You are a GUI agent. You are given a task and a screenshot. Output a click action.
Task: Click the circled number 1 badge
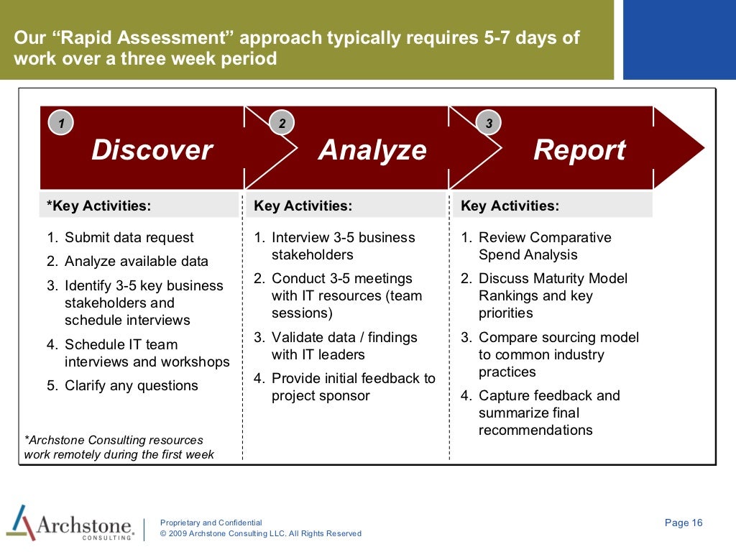[x=61, y=124]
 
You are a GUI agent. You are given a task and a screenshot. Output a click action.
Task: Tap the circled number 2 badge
[x=282, y=124]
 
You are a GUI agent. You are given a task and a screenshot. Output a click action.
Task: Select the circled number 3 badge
[x=489, y=124]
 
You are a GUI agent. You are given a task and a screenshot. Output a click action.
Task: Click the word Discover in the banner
[x=152, y=150]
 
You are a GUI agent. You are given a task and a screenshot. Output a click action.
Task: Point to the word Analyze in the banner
[x=372, y=150]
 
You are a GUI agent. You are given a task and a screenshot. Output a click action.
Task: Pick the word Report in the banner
[x=579, y=150]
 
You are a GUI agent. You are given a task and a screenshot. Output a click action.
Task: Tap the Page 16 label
[x=684, y=523]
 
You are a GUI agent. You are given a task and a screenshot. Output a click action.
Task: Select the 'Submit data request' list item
[x=121, y=238]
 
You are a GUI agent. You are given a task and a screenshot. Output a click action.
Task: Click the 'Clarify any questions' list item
[x=123, y=386]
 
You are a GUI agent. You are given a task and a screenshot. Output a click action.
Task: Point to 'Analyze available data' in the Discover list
[x=128, y=262]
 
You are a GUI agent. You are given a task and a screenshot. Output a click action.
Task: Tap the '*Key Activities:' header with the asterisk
[x=99, y=206]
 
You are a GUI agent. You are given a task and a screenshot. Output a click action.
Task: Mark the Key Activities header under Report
[x=510, y=206]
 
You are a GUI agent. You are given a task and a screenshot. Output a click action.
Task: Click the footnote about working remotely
[x=119, y=447]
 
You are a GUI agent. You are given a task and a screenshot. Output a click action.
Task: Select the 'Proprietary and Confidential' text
[x=211, y=523]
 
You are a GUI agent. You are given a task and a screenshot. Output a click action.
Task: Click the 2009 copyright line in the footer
[x=260, y=534]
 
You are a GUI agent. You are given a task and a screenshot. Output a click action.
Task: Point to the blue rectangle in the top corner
[x=679, y=40]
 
